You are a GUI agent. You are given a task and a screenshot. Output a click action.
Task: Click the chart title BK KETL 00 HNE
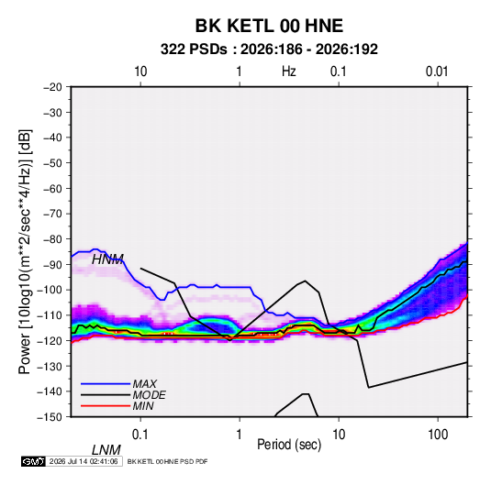click(x=269, y=26)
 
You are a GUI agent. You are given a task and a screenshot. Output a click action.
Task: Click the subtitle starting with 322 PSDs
click(x=269, y=50)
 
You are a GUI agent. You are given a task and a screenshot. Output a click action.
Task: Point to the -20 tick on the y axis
click(x=52, y=87)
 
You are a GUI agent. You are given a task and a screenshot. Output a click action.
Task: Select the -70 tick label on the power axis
click(x=52, y=214)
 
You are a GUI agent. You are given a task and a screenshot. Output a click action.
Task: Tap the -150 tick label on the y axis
click(x=50, y=417)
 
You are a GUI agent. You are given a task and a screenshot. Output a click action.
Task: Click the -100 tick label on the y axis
click(x=50, y=290)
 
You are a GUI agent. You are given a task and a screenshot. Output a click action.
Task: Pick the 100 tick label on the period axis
click(x=438, y=435)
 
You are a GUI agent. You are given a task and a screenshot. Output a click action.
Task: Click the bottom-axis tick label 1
click(x=240, y=435)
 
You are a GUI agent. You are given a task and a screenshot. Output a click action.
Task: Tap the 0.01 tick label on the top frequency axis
click(x=437, y=72)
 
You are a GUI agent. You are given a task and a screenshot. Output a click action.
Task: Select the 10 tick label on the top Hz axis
click(x=140, y=72)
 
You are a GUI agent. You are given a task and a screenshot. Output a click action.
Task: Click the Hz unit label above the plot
click(x=289, y=72)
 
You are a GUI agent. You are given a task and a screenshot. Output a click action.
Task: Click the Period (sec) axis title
click(x=289, y=445)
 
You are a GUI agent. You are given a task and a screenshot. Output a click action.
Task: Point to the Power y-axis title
click(x=25, y=251)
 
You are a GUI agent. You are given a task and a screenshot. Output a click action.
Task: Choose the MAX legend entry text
click(x=145, y=383)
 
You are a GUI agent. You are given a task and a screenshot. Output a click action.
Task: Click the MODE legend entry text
click(x=149, y=395)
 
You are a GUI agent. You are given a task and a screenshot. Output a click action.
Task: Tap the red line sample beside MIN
click(x=106, y=406)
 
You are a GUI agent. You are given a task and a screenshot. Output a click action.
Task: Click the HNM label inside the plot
click(x=107, y=259)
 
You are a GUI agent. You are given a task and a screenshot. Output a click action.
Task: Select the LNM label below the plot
click(x=106, y=450)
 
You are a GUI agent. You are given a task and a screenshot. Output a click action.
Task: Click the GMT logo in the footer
click(x=34, y=461)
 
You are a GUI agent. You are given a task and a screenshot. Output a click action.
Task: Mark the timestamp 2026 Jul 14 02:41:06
click(x=84, y=461)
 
